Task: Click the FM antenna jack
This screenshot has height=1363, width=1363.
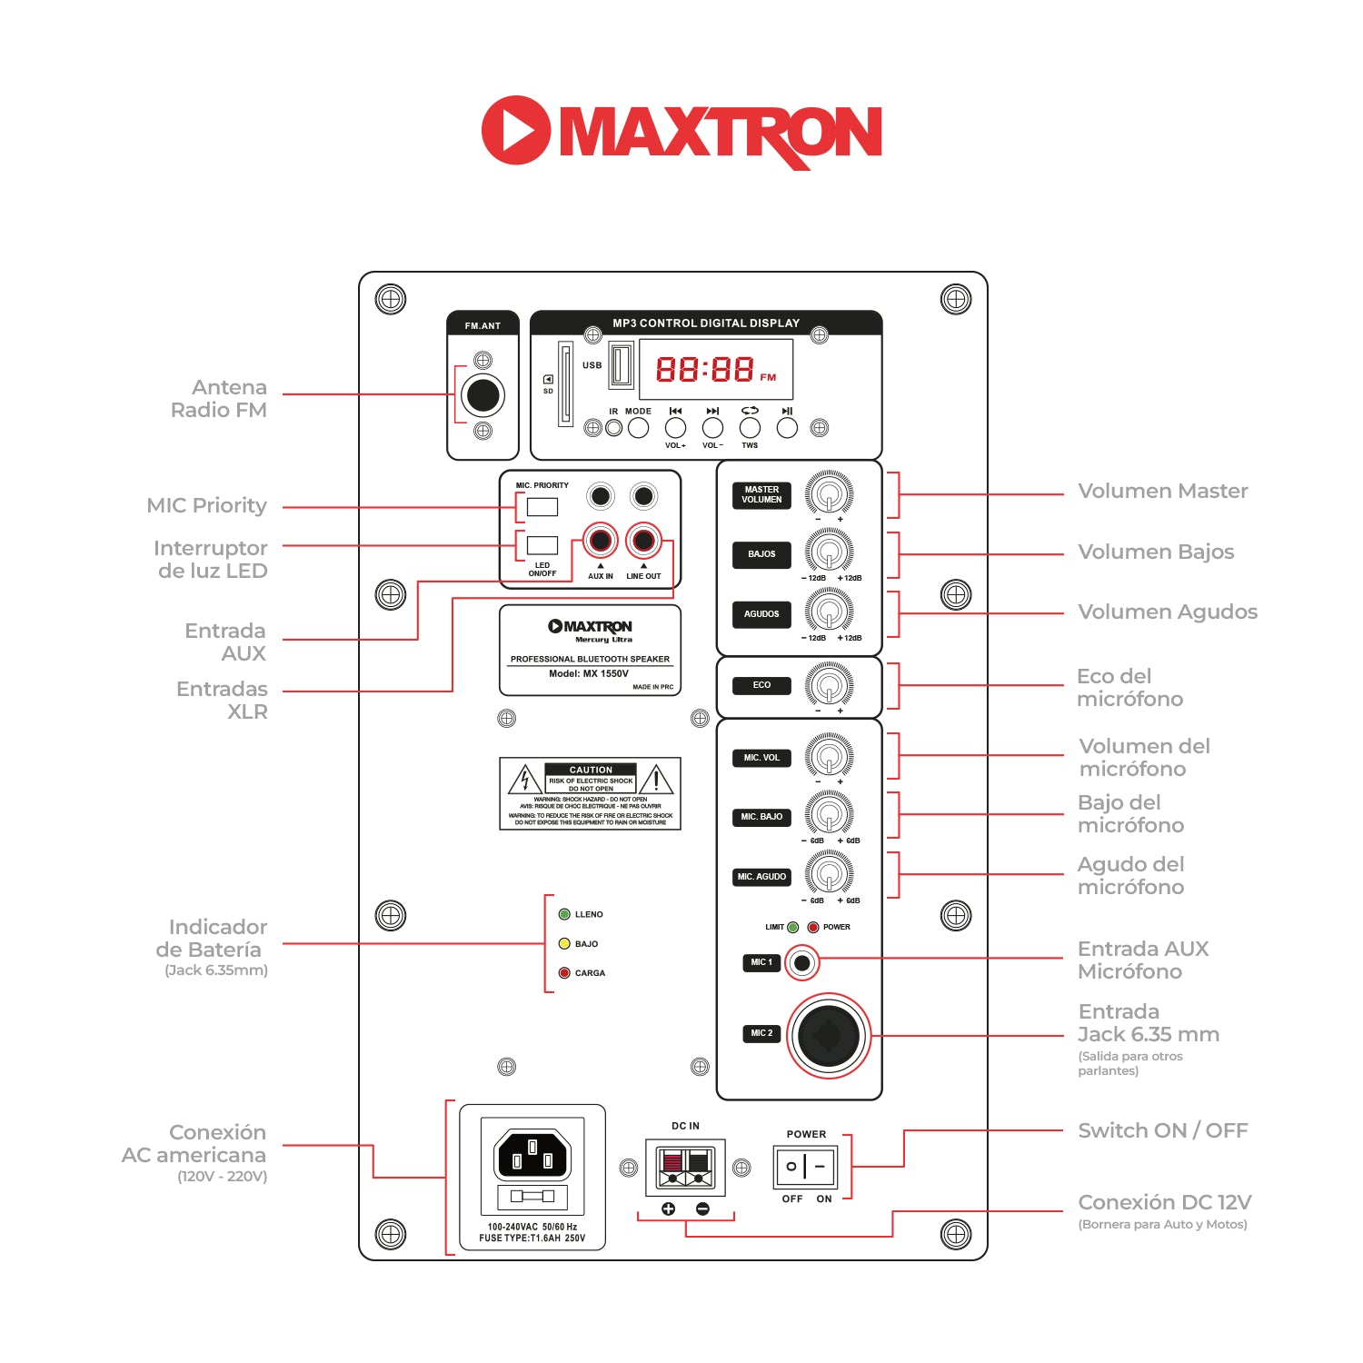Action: (x=483, y=394)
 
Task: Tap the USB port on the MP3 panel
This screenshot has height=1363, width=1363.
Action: (x=621, y=364)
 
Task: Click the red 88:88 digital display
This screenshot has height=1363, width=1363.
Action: (x=705, y=369)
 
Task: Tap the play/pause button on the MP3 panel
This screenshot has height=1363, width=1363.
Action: (x=787, y=427)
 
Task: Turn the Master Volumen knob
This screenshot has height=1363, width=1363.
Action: (x=829, y=494)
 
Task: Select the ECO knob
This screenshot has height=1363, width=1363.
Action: (x=829, y=684)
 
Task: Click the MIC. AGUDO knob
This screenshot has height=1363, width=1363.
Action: (x=829, y=875)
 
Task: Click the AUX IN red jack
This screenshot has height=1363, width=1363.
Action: (x=600, y=541)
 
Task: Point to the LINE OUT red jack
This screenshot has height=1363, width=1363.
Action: (x=643, y=541)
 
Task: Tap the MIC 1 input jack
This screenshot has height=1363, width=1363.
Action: (x=801, y=962)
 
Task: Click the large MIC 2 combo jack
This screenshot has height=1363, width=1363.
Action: (x=828, y=1035)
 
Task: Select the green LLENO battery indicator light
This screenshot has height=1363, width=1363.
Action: (x=564, y=914)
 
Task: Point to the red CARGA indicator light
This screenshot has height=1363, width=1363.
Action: (x=564, y=973)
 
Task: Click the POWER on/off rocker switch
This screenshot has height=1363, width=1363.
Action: (x=805, y=1166)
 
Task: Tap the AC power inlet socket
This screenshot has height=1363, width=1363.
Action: (x=532, y=1157)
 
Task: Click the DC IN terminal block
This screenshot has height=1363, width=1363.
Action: (x=685, y=1167)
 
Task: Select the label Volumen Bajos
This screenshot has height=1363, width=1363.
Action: (x=1155, y=552)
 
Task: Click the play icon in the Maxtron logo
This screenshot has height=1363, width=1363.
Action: (x=515, y=130)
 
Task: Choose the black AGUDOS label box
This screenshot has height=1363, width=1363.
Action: (x=761, y=614)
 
